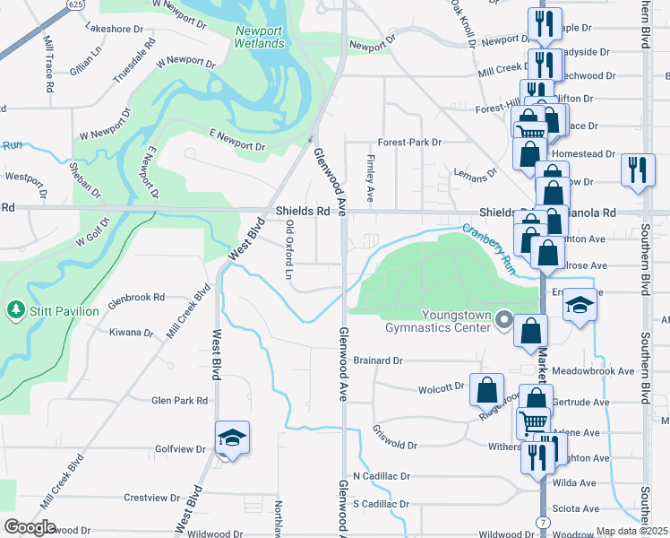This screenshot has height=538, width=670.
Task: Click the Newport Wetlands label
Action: point(260,37)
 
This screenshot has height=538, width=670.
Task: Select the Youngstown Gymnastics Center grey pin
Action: point(503,319)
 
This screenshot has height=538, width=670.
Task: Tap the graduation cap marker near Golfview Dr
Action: point(232,438)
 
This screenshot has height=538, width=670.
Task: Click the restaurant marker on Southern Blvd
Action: point(637,169)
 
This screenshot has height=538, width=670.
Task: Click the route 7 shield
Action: point(544,521)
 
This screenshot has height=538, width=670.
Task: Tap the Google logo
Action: point(30,526)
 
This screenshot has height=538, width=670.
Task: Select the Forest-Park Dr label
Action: point(409,142)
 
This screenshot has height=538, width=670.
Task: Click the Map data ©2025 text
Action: point(632,532)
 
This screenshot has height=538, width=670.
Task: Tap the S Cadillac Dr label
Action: point(381,504)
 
